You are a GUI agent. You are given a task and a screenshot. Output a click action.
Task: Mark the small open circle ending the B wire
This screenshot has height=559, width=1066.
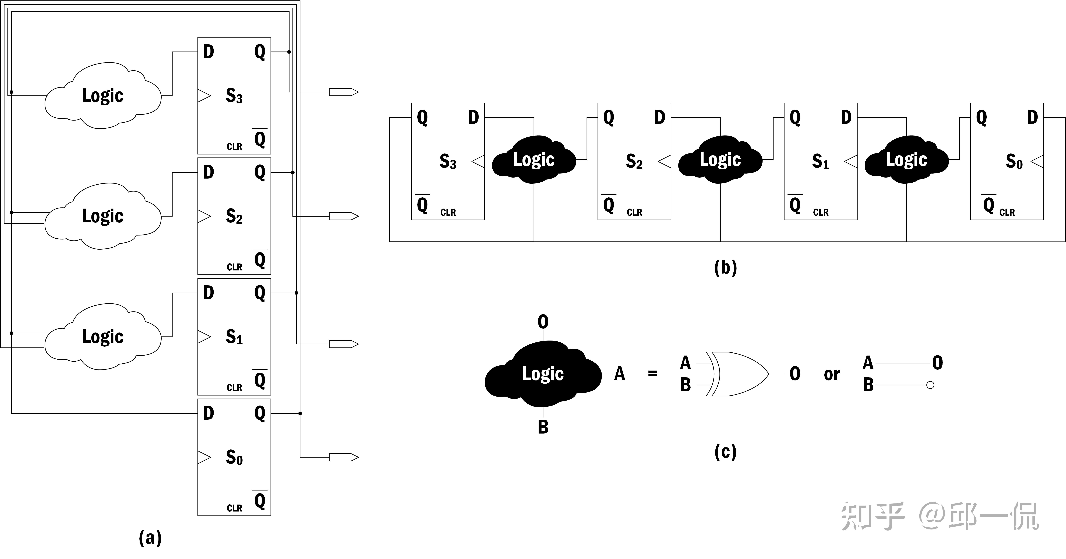tap(930, 385)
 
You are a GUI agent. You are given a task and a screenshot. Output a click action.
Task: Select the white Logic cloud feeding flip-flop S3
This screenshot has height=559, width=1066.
tap(103, 96)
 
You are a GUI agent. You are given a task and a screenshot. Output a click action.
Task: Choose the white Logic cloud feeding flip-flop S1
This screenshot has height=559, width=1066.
tap(103, 336)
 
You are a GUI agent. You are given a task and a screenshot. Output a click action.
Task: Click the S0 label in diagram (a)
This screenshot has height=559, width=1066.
tap(234, 457)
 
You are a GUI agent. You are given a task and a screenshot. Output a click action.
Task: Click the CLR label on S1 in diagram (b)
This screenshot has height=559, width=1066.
tap(821, 212)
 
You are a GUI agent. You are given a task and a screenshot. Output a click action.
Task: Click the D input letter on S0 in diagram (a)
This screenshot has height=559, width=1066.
tap(209, 413)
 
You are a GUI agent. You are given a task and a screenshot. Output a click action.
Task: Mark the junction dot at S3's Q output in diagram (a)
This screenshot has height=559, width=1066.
tap(289, 52)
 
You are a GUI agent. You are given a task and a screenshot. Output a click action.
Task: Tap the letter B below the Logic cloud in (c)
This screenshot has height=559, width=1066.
tap(543, 427)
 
